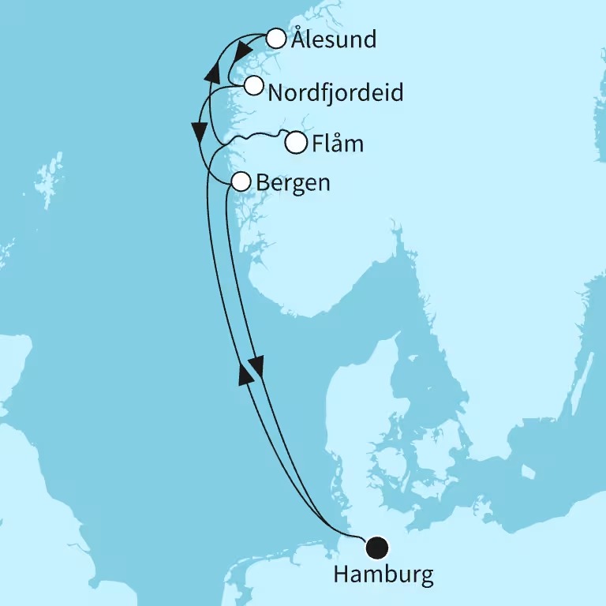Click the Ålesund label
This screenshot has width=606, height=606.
333,39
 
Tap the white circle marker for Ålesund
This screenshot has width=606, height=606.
275,38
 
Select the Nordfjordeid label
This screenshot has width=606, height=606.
336,92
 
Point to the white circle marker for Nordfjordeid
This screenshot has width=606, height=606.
252,86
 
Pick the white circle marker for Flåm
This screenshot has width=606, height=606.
295,144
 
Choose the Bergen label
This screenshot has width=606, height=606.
293,182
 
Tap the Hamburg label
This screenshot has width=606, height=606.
383,574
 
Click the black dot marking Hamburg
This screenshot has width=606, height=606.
378,546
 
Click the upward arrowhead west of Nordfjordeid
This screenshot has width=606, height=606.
211,73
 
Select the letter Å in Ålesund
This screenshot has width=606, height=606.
299,39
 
